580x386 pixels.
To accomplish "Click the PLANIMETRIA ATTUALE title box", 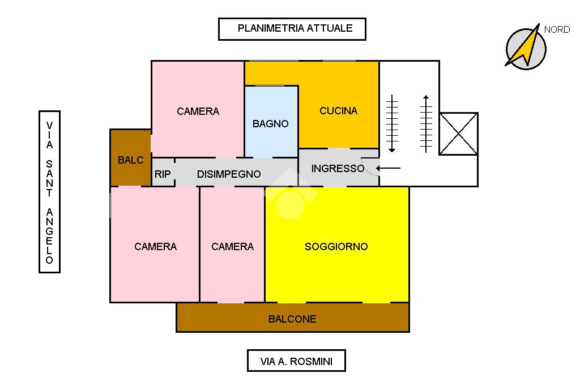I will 292,29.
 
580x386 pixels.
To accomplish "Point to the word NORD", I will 557,30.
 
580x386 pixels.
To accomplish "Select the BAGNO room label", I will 271,124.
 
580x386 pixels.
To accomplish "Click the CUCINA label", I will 339,111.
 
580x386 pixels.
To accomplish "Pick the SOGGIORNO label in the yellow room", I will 336,247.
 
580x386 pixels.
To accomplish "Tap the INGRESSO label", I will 338,169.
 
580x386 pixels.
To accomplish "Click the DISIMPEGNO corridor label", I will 229,174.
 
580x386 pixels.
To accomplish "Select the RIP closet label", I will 163,174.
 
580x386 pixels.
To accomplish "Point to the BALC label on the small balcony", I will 131,160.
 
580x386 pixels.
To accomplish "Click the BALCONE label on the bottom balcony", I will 292,319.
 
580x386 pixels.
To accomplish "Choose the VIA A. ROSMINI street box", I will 296,361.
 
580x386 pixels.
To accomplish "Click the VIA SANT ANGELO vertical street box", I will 49,192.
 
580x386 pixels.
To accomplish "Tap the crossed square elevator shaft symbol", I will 458,134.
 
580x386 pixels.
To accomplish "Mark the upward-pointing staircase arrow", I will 427,123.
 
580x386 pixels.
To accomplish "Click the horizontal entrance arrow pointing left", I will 389,168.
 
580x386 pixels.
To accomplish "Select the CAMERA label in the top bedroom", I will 198,111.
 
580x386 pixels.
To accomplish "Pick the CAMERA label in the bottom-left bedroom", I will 155,247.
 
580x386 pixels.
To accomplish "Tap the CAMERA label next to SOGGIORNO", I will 232,247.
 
